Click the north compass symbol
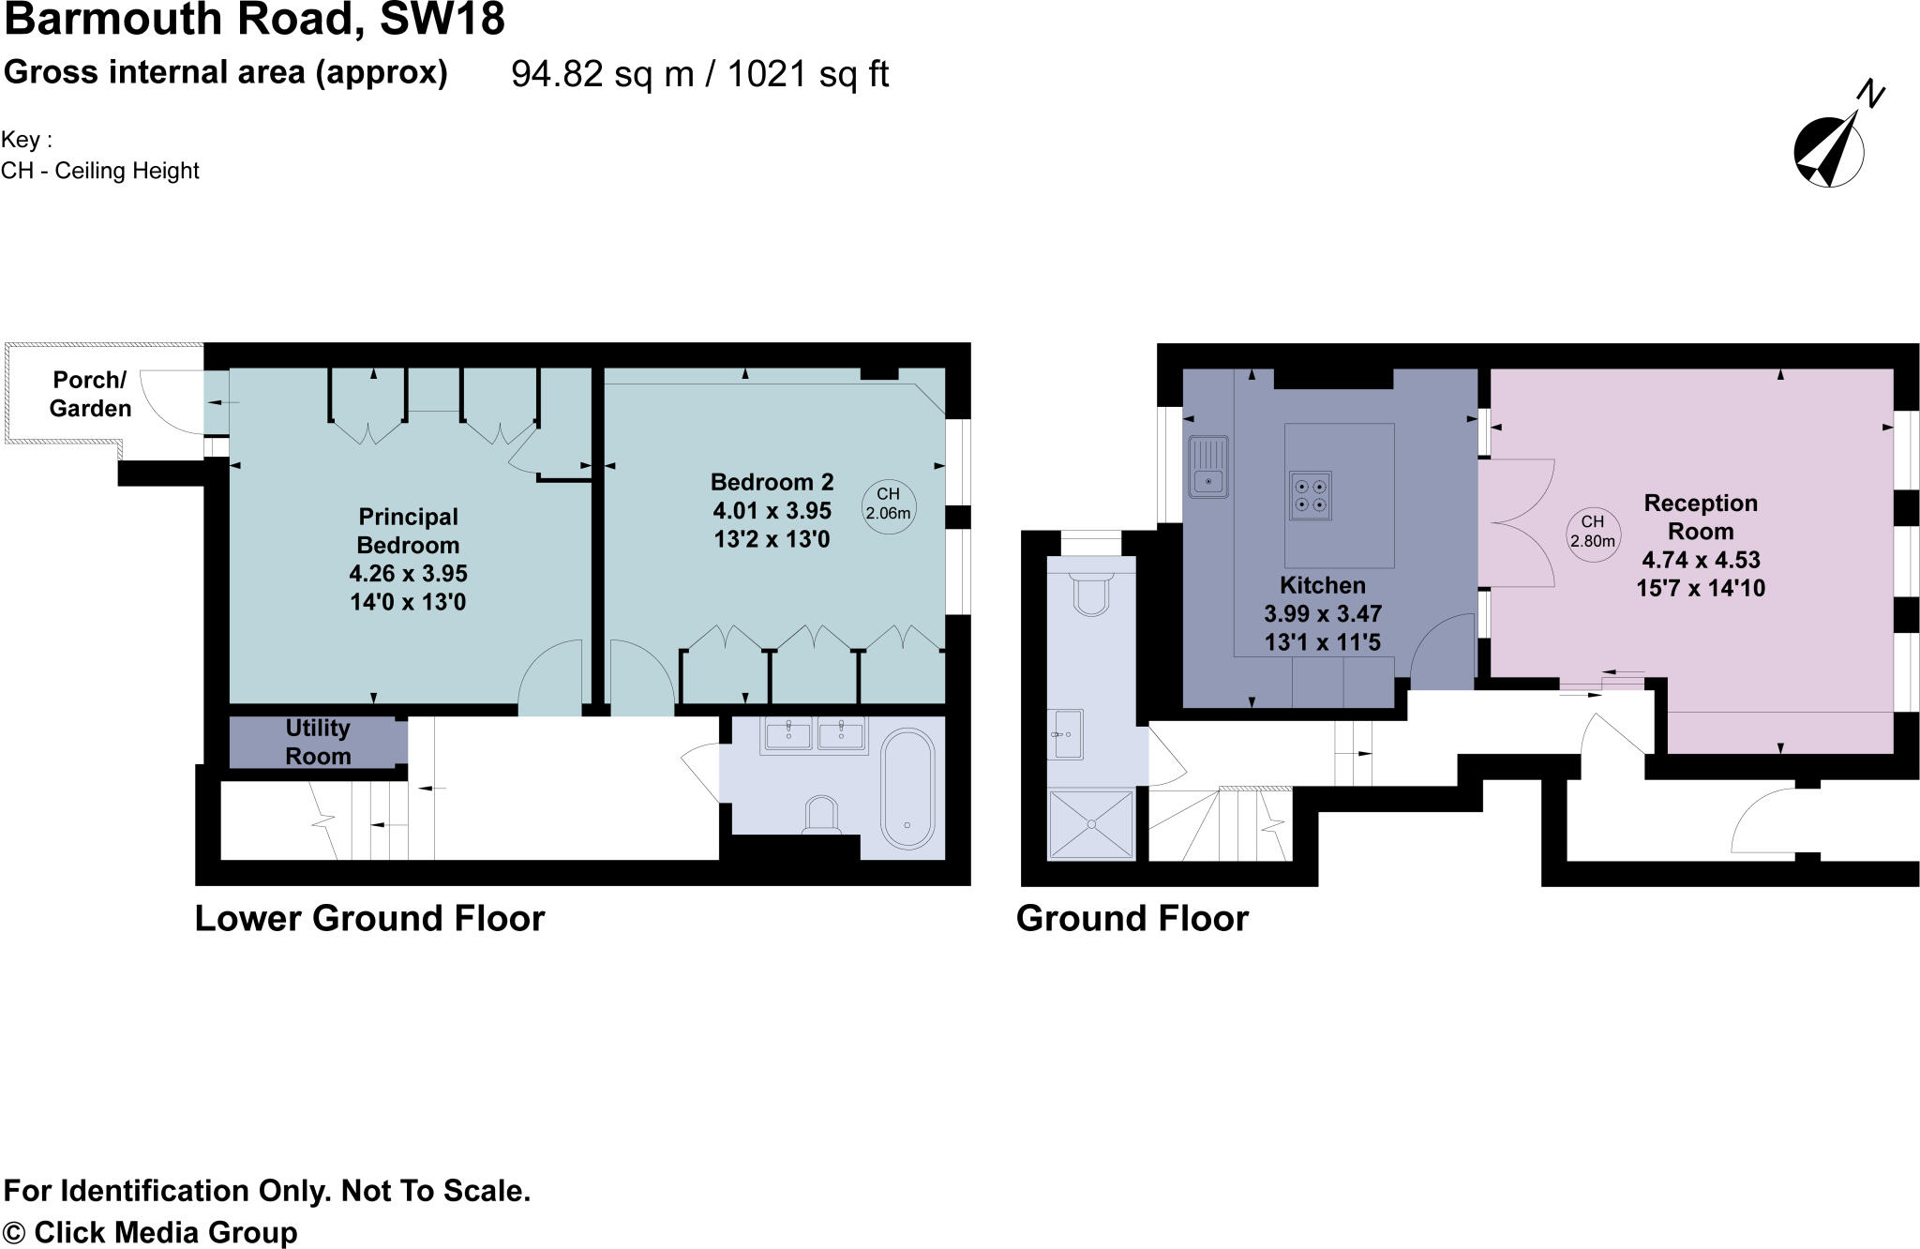1829,150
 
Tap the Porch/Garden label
90,394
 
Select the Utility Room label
318,742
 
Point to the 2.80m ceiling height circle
1593,532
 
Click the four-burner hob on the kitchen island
1310,495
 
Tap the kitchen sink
1208,466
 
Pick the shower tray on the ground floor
1092,823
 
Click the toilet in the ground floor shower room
1091,591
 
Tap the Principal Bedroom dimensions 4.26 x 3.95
408,573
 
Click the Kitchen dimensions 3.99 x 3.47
1323,614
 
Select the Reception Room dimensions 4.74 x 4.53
1701,560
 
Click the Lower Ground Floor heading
369,918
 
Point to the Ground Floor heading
1132,918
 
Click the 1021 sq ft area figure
807,74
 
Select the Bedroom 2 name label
772,482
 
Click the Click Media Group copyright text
165,1232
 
